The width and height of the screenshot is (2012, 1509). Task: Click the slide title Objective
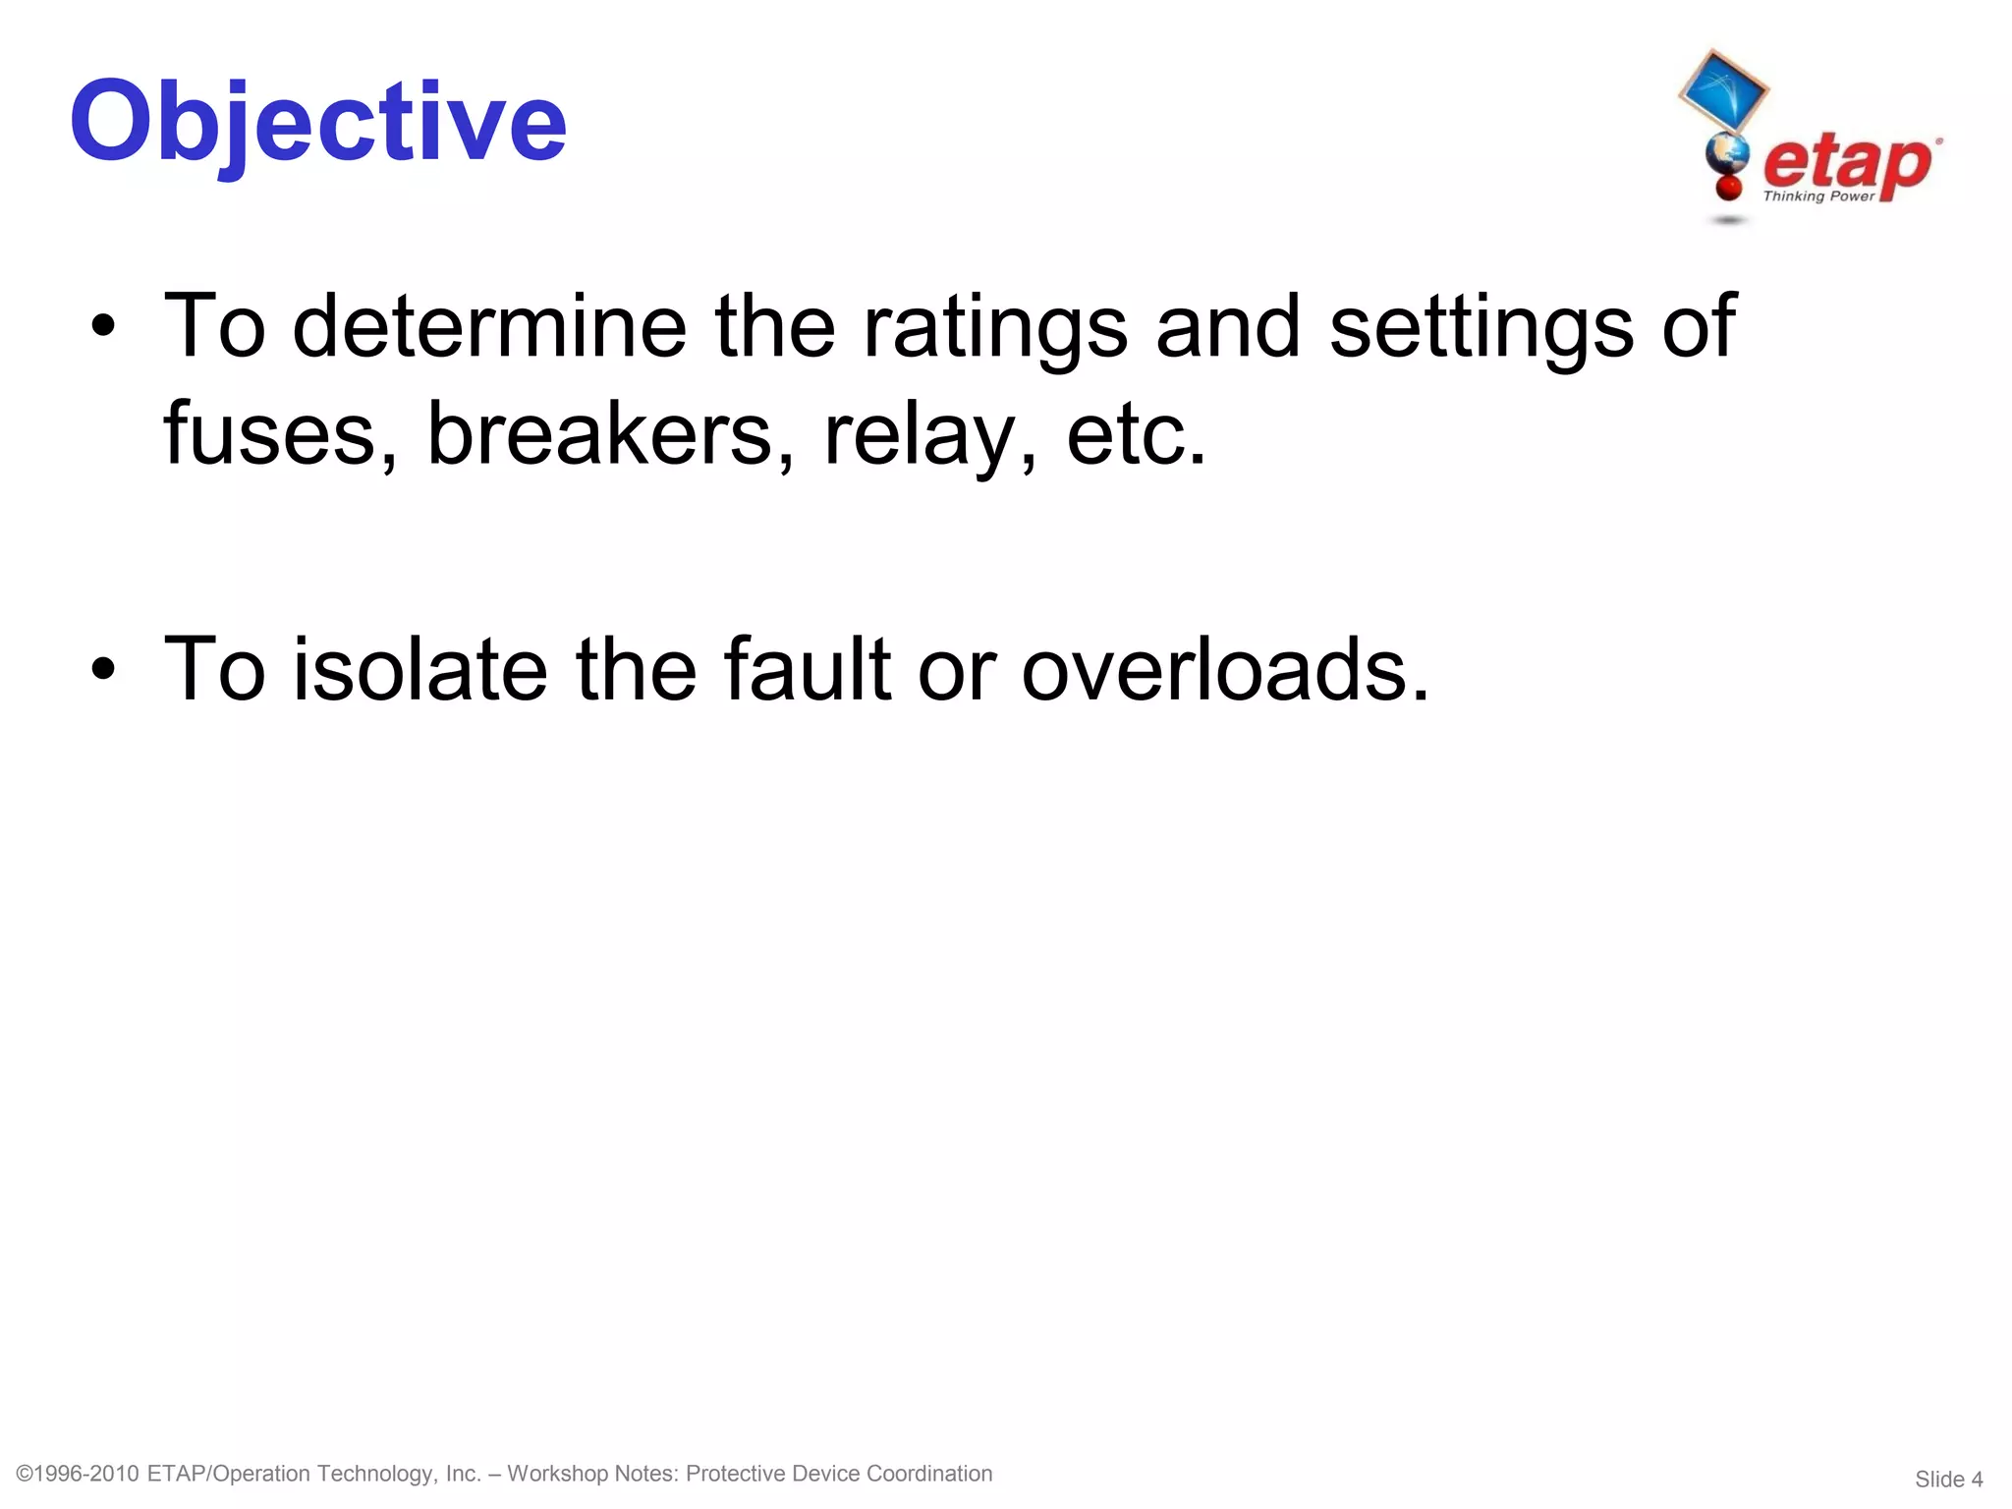pyautogui.click(x=317, y=122)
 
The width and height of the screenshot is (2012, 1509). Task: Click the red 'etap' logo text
pyautogui.click(x=1847, y=163)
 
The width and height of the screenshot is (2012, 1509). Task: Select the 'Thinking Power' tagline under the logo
pyautogui.click(x=1818, y=196)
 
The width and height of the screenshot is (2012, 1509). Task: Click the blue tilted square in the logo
pyautogui.click(x=1722, y=90)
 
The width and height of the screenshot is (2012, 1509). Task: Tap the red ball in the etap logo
pyautogui.click(x=1728, y=187)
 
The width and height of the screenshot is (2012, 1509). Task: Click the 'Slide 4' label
pyautogui.click(x=1948, y=1480)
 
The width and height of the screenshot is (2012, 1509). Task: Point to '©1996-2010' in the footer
pyautogui.click(x=78, y=1474)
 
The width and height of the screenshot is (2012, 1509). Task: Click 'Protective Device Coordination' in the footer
pyautogui.click(x=839, y=1474)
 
